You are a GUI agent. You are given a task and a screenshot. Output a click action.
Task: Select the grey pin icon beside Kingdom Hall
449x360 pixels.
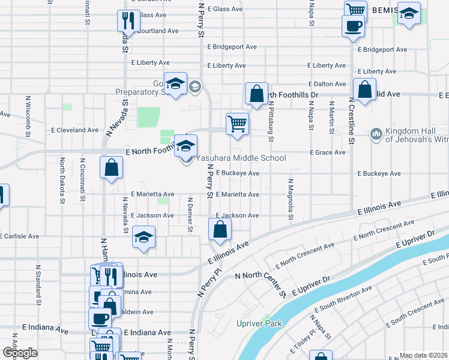(376, 133)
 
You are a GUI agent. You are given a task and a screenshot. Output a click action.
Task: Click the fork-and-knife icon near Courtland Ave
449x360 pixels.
(127, 21)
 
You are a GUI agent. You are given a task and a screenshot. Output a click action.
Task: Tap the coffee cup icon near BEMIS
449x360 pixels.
(352, 26)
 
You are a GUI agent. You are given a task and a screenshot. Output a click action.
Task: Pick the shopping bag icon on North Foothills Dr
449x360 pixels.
(256, 94)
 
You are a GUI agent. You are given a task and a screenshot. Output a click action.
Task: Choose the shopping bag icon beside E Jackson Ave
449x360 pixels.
(220, 230)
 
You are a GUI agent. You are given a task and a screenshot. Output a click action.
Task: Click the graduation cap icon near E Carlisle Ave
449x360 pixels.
(144, 238)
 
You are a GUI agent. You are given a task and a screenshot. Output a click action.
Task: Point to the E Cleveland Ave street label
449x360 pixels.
(74, 130)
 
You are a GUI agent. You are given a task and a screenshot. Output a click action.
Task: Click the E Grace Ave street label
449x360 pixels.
(327, 152)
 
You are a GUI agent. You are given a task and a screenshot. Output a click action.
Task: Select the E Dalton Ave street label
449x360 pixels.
(327, 85)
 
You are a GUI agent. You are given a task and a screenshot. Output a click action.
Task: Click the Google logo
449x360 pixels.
(20, 353)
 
